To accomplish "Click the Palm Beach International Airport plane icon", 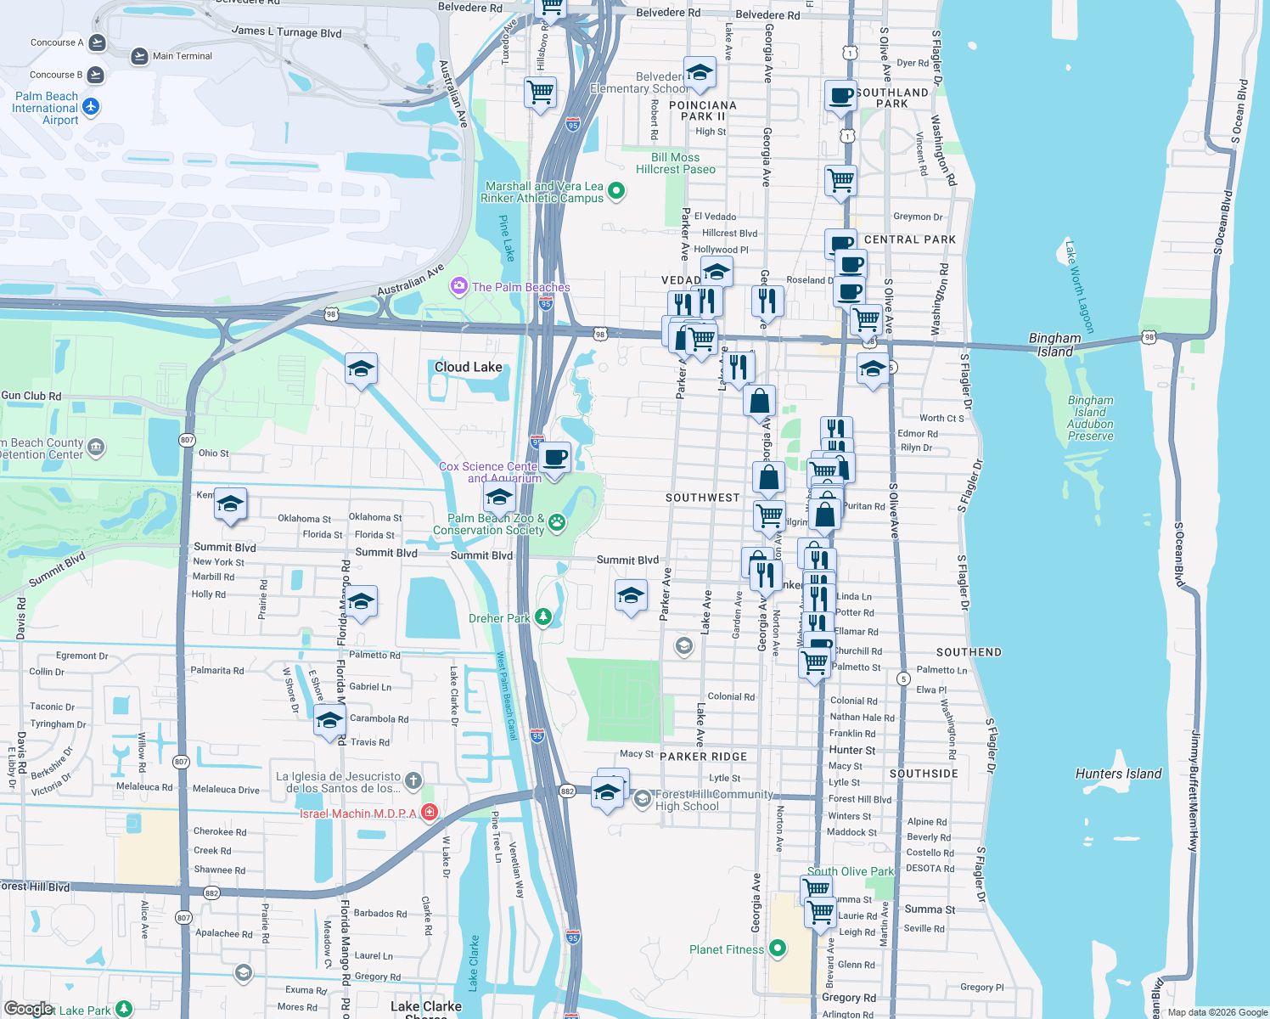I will [91, 107].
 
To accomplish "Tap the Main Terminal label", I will [183, 56].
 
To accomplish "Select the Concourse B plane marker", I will [95, 75].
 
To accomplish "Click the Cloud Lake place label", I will [468, 367].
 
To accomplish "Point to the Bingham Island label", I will [1055, 344].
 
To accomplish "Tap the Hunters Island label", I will [1118, 774].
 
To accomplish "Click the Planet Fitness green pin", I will [778, 949].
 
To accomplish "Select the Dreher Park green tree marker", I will [542, 617].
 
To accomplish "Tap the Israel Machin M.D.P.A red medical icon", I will [430, 813].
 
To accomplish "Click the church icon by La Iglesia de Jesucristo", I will [413, 780].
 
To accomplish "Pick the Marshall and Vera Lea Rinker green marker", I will [616, 192].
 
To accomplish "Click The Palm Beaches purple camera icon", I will [459, 286].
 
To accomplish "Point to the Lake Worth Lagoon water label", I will [1080, 288].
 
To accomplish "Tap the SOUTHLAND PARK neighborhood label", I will [892, 98].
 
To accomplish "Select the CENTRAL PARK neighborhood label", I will [910, 239].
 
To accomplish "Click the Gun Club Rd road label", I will [31, 396].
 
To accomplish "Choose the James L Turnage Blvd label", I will [286, 31].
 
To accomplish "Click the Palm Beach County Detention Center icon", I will [96, 447].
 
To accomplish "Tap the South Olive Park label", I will [851, 871].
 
